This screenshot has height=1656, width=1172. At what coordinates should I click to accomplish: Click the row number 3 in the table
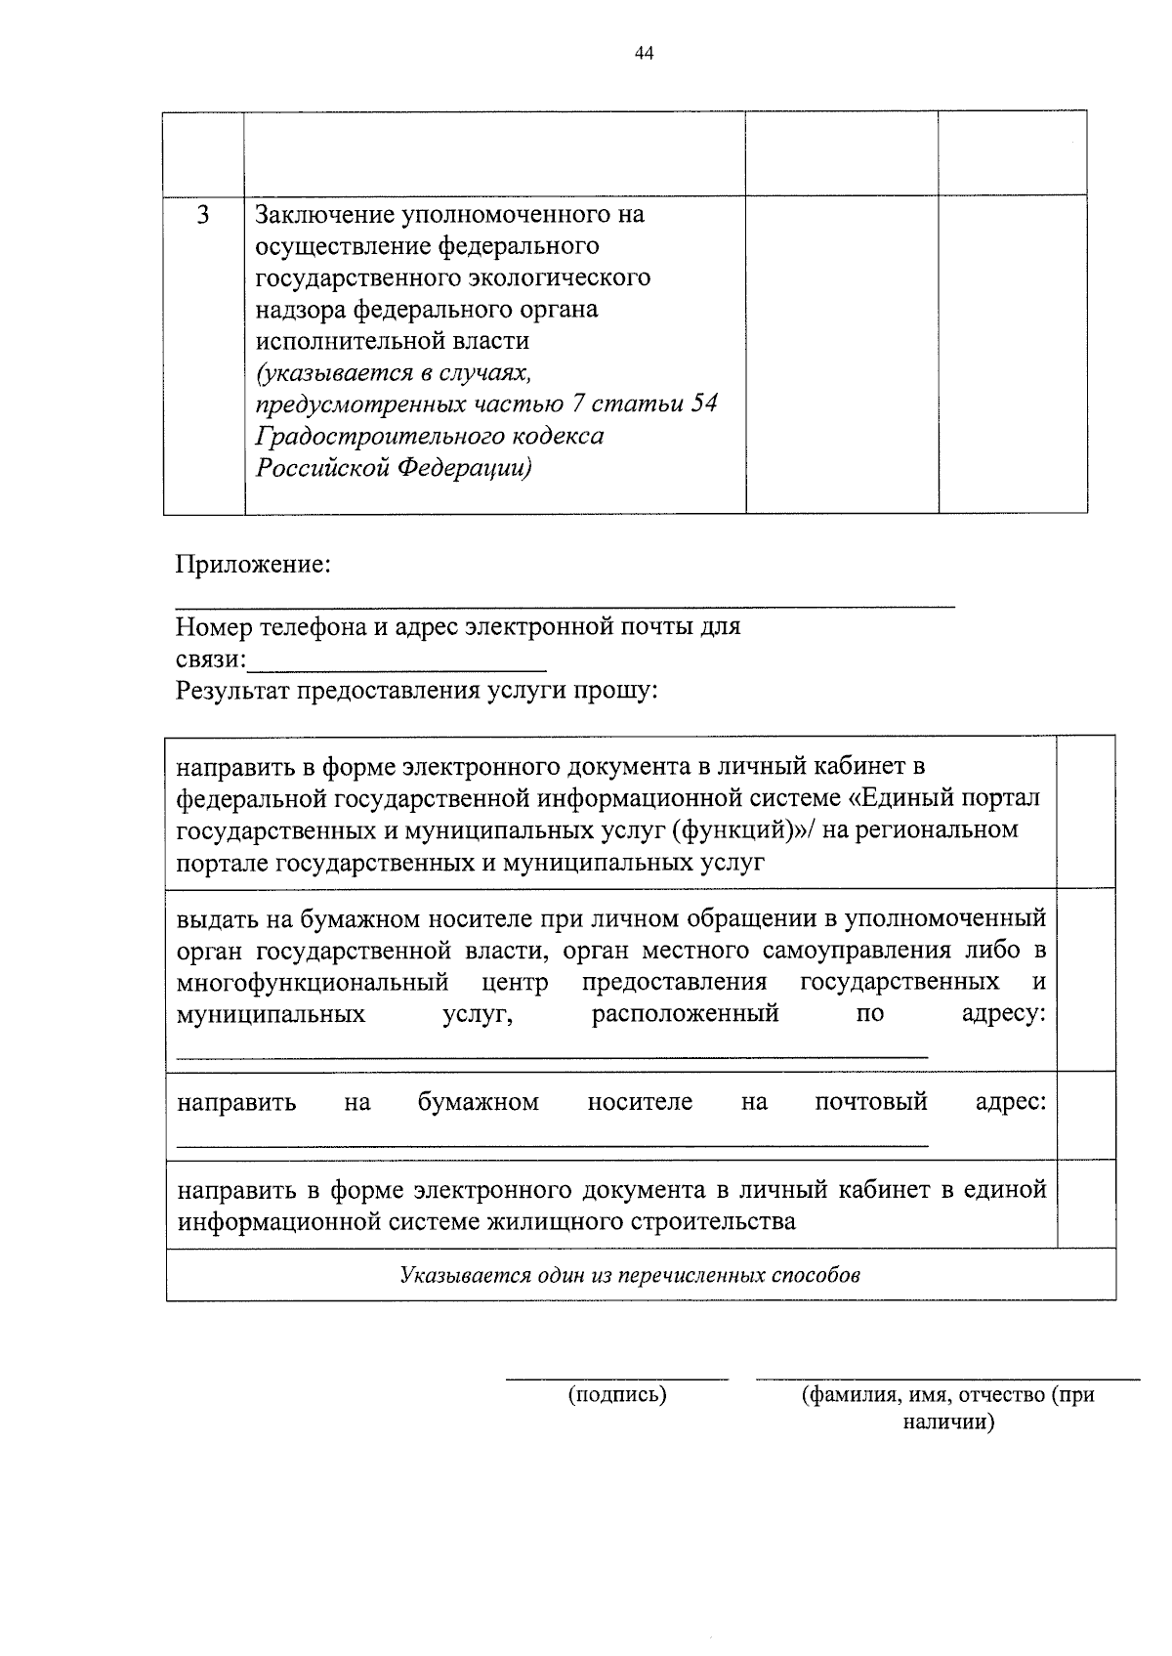click(203, 215)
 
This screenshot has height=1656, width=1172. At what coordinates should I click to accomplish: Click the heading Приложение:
click(253, 565)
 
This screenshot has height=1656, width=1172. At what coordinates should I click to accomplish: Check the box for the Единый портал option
click(1086, 812)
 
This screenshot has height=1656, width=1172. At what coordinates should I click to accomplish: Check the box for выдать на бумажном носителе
click(1086, 980)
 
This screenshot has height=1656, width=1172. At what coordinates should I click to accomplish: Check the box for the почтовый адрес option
click(1086, 1115)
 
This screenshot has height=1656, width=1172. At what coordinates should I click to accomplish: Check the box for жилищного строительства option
click(1086, 1204)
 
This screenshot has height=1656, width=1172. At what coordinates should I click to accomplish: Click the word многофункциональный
click(313, 981)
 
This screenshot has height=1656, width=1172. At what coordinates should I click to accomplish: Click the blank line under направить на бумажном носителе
click(552, 1143)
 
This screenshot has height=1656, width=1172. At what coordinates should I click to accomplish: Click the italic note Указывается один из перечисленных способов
click(630, 1275)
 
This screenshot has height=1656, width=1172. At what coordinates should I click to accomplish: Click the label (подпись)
click(617, 1395)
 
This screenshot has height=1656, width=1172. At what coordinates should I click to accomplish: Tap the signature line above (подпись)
click(616, 1378)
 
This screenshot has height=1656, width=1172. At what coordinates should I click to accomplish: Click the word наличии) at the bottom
click(947, 1422)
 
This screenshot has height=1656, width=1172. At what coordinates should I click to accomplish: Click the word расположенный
click(685, 1013)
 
